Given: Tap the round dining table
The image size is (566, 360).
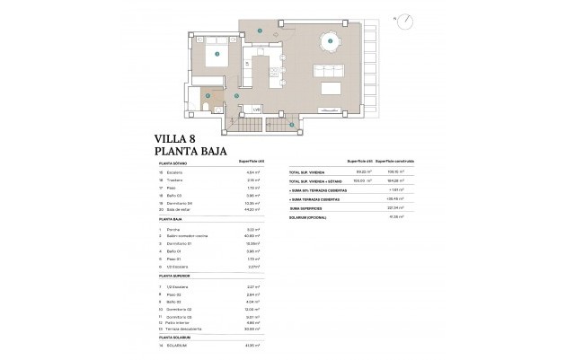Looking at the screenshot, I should [331, 41].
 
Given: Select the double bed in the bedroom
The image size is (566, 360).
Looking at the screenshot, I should [218, 55].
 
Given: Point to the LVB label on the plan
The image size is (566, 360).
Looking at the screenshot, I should [256, 110].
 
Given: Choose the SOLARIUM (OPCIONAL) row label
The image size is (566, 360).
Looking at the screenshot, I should [309, 217].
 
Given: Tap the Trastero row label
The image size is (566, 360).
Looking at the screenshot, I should [175, 180].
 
